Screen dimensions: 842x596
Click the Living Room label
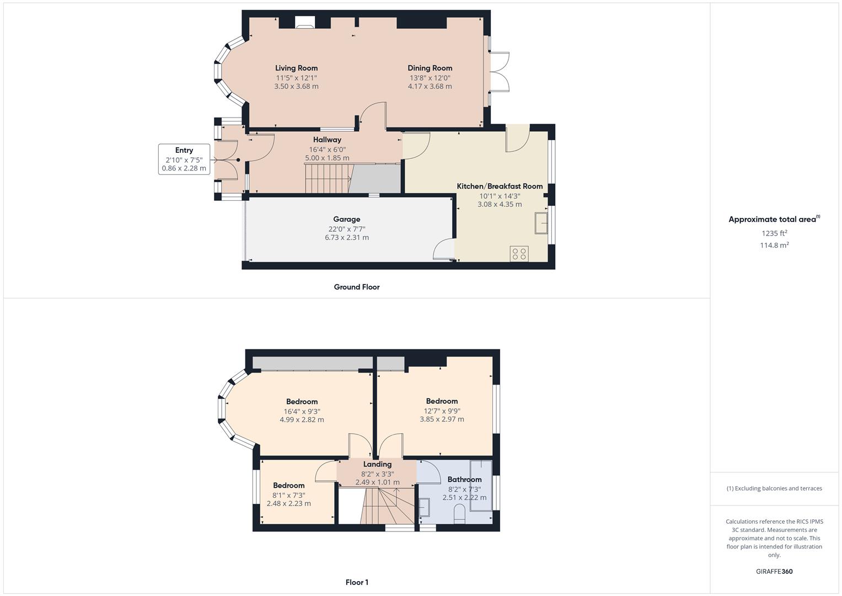pyautogui.click(x=296, y=68)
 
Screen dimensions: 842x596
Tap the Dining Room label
pyautogui.click(x=430, y=68)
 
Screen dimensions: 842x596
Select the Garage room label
pyautogui.click(x=347, y=220)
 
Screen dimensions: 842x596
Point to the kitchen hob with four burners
pyautogui.click(x=519, y=254)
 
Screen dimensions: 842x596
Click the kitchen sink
pyautogui.click(x=541, y=223)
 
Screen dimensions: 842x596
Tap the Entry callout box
pyautogui.click(x=184, y=159)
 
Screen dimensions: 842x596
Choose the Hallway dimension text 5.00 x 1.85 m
pyautogui.click(x=327, y=158)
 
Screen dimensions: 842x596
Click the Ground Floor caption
pyautogui.click(x=357, y=287)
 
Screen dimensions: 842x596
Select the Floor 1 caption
pyautogui.click(x=357, y=582)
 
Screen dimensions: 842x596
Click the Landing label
pyautogui.click(x=377, y=464)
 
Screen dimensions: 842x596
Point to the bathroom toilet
pyautogui.click(x=459, y=514)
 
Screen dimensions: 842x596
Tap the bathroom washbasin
pyautogui.click(x=425, y=507)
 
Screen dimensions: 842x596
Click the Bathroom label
pyautogui.click(x=464, y=480)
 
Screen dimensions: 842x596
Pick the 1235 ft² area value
pyautogui.click(x=774, y=233)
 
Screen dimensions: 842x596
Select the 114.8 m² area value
pyautogui.click(x=774, y=246)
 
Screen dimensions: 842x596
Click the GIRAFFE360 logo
pyautogui.click(x=774, y=572)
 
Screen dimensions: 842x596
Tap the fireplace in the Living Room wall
pyautogui.click(x=304, y=22)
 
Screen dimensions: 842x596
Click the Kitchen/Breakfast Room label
pyautogui.click(x=500, y=187)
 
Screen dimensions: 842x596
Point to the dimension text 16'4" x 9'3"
pyautogui.click(x=302, y=412)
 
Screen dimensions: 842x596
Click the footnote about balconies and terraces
pyautogui.click(x=774, y=488)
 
